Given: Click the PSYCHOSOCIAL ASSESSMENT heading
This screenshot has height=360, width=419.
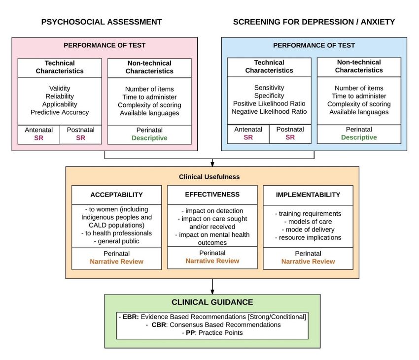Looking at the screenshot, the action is [102, 22].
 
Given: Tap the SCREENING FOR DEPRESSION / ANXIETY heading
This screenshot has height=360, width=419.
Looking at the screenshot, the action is [314, 22].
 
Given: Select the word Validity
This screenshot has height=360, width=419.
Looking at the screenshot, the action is [60, 88].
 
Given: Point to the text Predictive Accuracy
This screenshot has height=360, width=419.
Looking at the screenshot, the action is [60, 112].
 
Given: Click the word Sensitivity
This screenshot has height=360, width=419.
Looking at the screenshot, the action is [269, 88].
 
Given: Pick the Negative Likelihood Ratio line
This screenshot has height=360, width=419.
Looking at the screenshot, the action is [269, 111].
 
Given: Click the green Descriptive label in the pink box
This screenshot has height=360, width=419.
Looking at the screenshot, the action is [149, 138].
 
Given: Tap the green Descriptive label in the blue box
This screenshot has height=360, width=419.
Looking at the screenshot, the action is [359, 137].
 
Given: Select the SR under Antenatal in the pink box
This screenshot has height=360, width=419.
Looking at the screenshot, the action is [39, 138].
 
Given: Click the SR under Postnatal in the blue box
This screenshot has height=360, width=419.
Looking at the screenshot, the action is [290, 137].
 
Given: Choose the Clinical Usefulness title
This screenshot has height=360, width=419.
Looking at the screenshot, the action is [209, 177].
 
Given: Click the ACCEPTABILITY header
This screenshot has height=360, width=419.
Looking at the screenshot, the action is [116, 195].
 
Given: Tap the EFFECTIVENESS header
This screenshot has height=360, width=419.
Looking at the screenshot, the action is [212, 195].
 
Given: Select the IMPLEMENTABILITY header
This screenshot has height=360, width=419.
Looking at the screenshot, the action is [308, 195].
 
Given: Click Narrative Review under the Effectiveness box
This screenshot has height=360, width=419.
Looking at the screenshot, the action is [212, 261].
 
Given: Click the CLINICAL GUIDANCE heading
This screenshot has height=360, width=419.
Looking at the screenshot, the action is [212, 302].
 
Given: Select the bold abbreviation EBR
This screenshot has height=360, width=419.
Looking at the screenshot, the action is [131, 317].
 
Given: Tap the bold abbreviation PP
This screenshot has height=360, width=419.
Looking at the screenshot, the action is [190, 333].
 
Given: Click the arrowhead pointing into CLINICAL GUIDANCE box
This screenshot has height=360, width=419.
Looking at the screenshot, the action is [212, 292].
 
